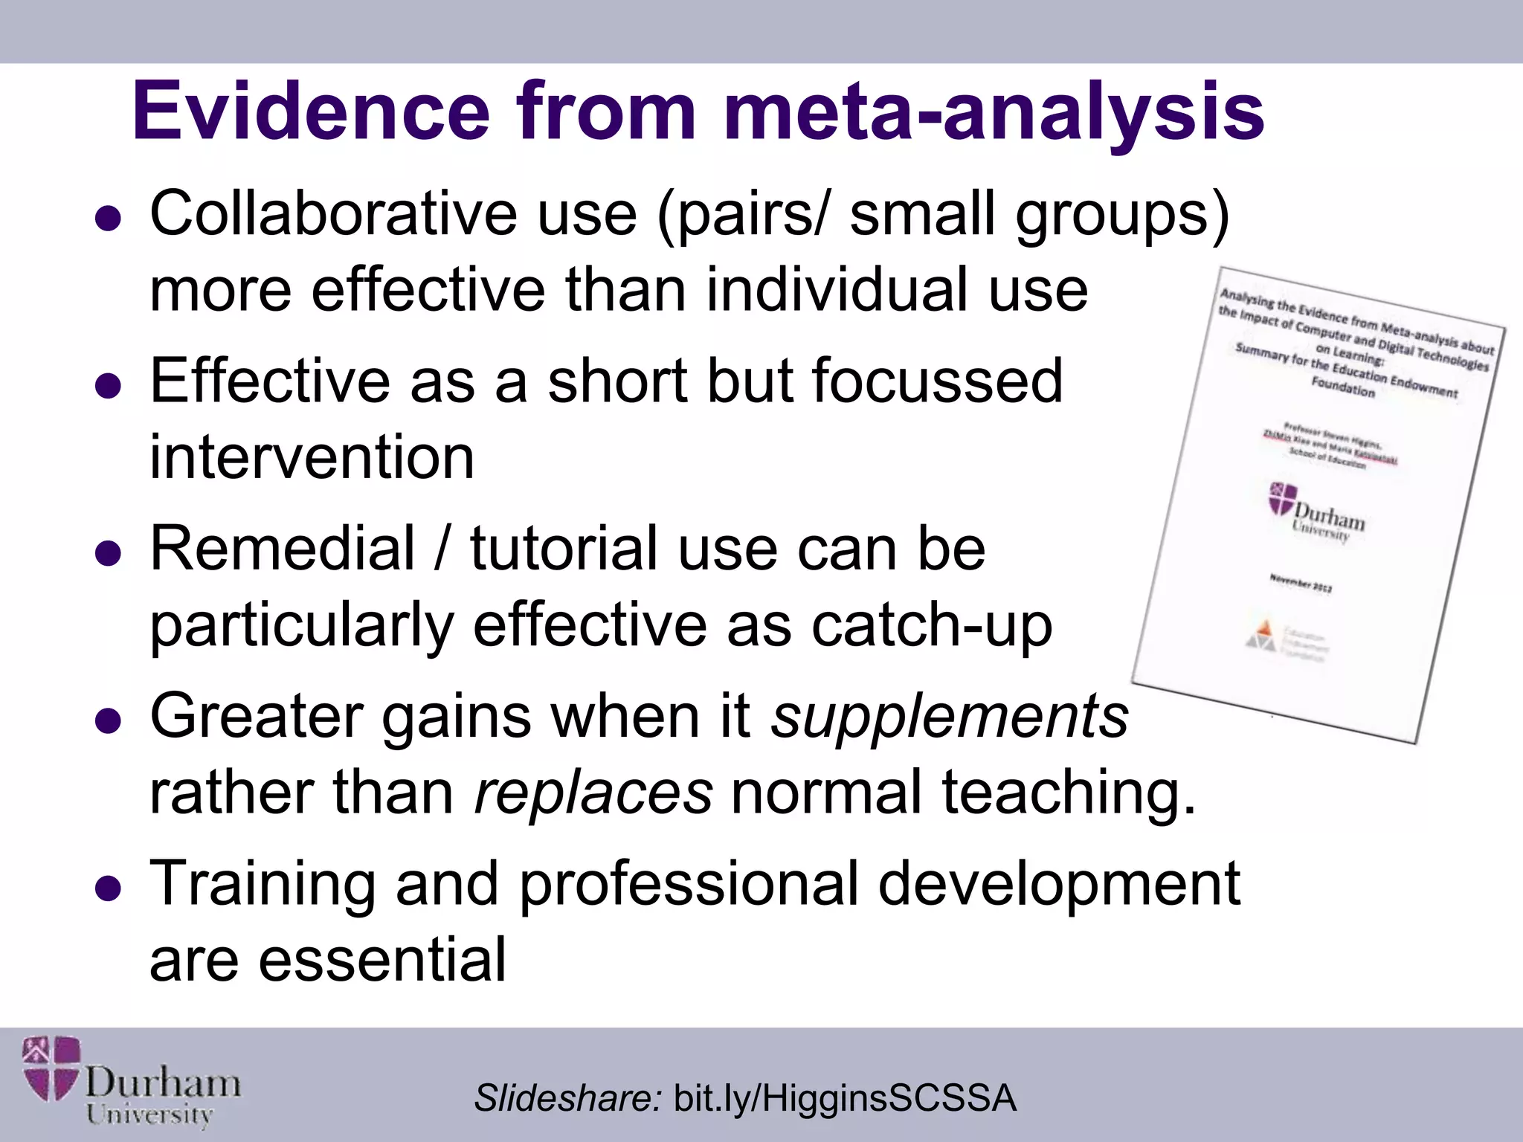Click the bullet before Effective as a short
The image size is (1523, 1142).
[x=109, y=386]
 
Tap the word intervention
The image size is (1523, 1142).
[x=312, y=457]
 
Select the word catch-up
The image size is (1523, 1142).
[x=932, y=626]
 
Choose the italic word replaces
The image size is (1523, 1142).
[x=593, y=793]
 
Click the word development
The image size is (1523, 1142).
[x=1059, y=883]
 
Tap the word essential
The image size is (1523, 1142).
[x=382, y=960]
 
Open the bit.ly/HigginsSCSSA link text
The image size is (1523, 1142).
[x=844, y=1098]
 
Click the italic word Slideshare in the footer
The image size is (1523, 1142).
[x=567, y=1098]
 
